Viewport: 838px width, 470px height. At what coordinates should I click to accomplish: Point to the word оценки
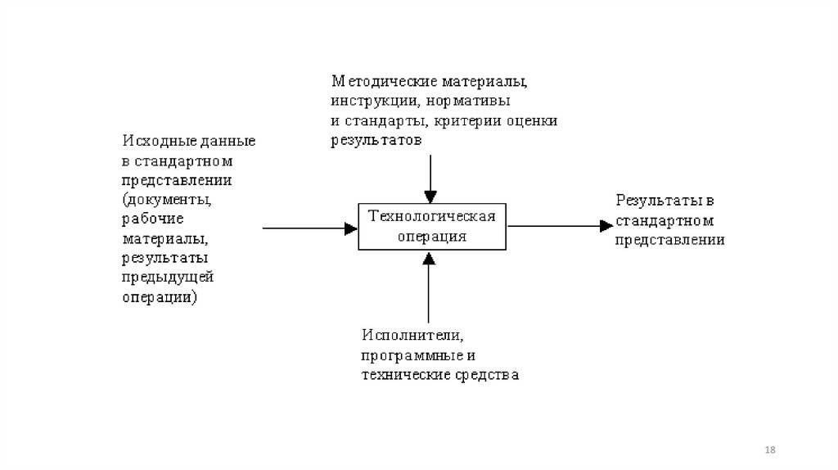[x=531, y=122]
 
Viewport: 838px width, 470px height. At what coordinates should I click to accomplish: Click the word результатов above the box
[x=376, y=141]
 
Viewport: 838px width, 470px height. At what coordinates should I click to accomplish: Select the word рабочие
[x=152, y=219]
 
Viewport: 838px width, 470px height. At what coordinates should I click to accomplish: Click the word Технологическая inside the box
[x=432, y=217]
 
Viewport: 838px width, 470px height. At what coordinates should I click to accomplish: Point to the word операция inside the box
[x=432, y=236]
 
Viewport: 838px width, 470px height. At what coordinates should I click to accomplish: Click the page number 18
[x=769, y=451]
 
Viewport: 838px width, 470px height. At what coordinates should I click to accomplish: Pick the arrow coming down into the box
[x=429, y=176]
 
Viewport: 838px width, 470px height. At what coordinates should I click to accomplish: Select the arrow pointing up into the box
[x=429, y=287]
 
